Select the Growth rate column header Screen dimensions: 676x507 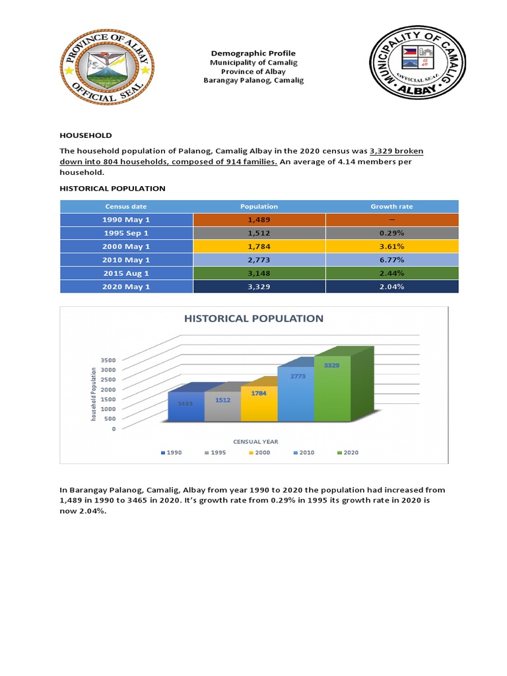click(x=391, y=207)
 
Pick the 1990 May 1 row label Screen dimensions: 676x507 click(x=126, y=220)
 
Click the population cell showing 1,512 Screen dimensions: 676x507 click(x=259, y=233)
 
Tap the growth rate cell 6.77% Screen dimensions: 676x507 click(x=391, y=260)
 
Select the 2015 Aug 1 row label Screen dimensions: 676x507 click(x=126, y=273)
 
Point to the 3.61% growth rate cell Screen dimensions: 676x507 click(x=391, y=246)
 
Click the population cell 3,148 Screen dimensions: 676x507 click(x=259, y=273)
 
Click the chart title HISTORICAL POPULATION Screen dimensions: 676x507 click(x=253, y=318)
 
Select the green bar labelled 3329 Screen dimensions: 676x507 click(x=332, y=389)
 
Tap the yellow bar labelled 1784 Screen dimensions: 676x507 click(x=259, y=404)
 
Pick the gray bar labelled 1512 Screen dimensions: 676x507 click(x=222, y=407)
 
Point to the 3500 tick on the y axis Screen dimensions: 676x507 click(x=108, y=360)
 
